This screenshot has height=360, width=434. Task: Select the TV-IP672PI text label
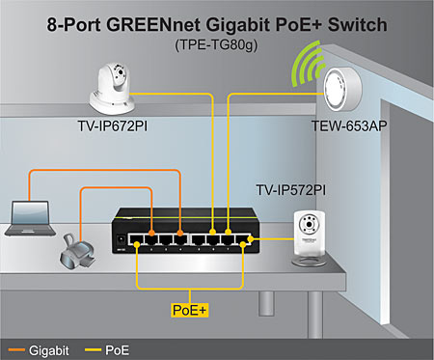112,126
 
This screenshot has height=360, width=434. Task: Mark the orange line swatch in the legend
16,346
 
